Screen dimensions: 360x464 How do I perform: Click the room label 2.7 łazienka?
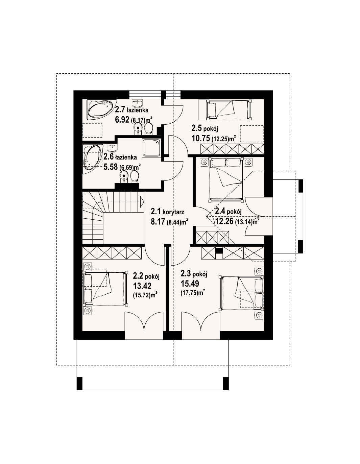[x=131, y=110]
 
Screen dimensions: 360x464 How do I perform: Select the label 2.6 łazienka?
[x=120, y=157]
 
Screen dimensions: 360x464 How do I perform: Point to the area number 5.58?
[x=111, y=167]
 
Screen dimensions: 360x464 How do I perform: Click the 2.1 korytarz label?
[x=167, y=212]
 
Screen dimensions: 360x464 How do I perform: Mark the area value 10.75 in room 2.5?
[x=201, y=139]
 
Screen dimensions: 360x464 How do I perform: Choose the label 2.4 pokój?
[x=228, y=212]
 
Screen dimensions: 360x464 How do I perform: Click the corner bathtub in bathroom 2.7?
[x=100, y=110]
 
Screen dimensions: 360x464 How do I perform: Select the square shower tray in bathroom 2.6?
[x=151, y=148]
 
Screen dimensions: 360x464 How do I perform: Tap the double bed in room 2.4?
[x=226, y=179]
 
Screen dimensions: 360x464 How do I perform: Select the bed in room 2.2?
[x=105, y=288]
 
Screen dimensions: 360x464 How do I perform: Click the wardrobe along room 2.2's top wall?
[x=112, y=253]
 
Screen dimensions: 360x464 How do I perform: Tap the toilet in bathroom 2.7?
[x=148, y=129]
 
